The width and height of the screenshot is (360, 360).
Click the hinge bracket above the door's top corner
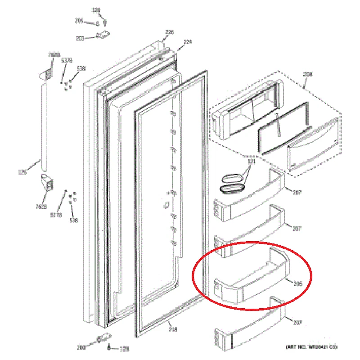pyautogui.click(x=105, y=35)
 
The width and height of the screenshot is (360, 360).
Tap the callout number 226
pyautogui.click(x=169, y=32)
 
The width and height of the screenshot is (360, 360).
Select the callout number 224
pyautogui.click(x=188, y=42)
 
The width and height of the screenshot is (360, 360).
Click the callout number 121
pyautogui.click(x=252, y=161)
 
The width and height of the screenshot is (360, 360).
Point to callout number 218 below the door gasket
pyautogui.click(x=173, y=329)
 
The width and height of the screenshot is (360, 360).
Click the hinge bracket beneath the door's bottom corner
pyautogui.click(x=103, y=338)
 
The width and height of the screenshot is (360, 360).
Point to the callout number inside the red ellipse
pyautogui.click(x=297, y=284)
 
